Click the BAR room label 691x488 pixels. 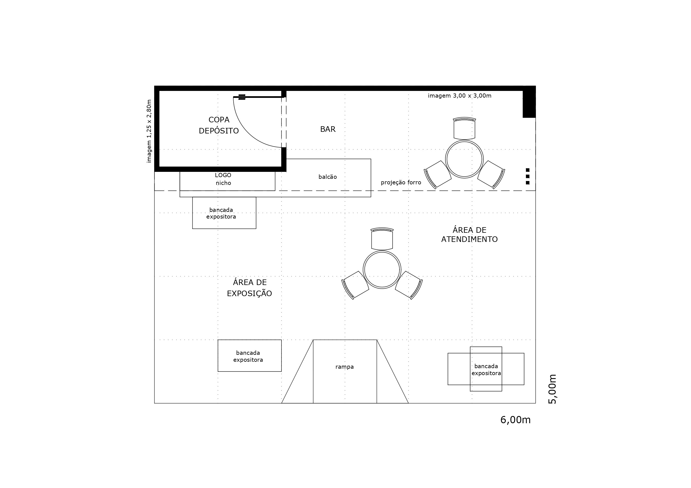pos(328,129)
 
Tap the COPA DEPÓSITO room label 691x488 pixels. pos(219,125)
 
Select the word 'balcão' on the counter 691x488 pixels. pos(327,177)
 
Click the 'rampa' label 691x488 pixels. pos(345,367)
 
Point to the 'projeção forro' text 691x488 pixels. pos(401,182)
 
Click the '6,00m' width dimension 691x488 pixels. pos(515,420)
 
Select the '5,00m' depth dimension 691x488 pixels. pos(553,389)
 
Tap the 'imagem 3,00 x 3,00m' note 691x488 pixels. pos(460,96)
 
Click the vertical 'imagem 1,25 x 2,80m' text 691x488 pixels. pos(149,131)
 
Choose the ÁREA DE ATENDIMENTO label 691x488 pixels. pos(469,234)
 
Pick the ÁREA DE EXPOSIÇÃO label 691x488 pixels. pos(249,288)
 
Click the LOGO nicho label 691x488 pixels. pos(223,179)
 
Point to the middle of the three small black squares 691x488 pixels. pos(528,176)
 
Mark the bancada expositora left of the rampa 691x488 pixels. pos(249,356)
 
